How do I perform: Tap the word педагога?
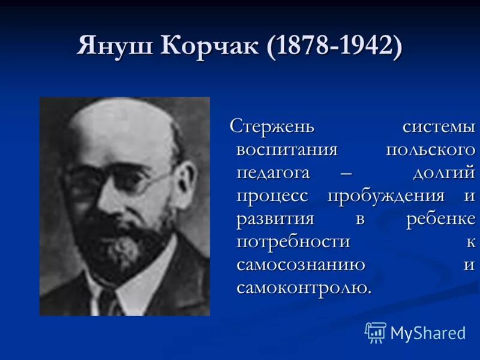coord(273,173)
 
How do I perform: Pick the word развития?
coord(275,218)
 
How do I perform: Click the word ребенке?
coord(440,218)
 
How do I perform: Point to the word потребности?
coord(293,241)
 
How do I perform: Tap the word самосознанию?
coord(301,264)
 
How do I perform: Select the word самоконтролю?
coord(304,287)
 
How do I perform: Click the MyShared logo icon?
coord(376,332)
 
